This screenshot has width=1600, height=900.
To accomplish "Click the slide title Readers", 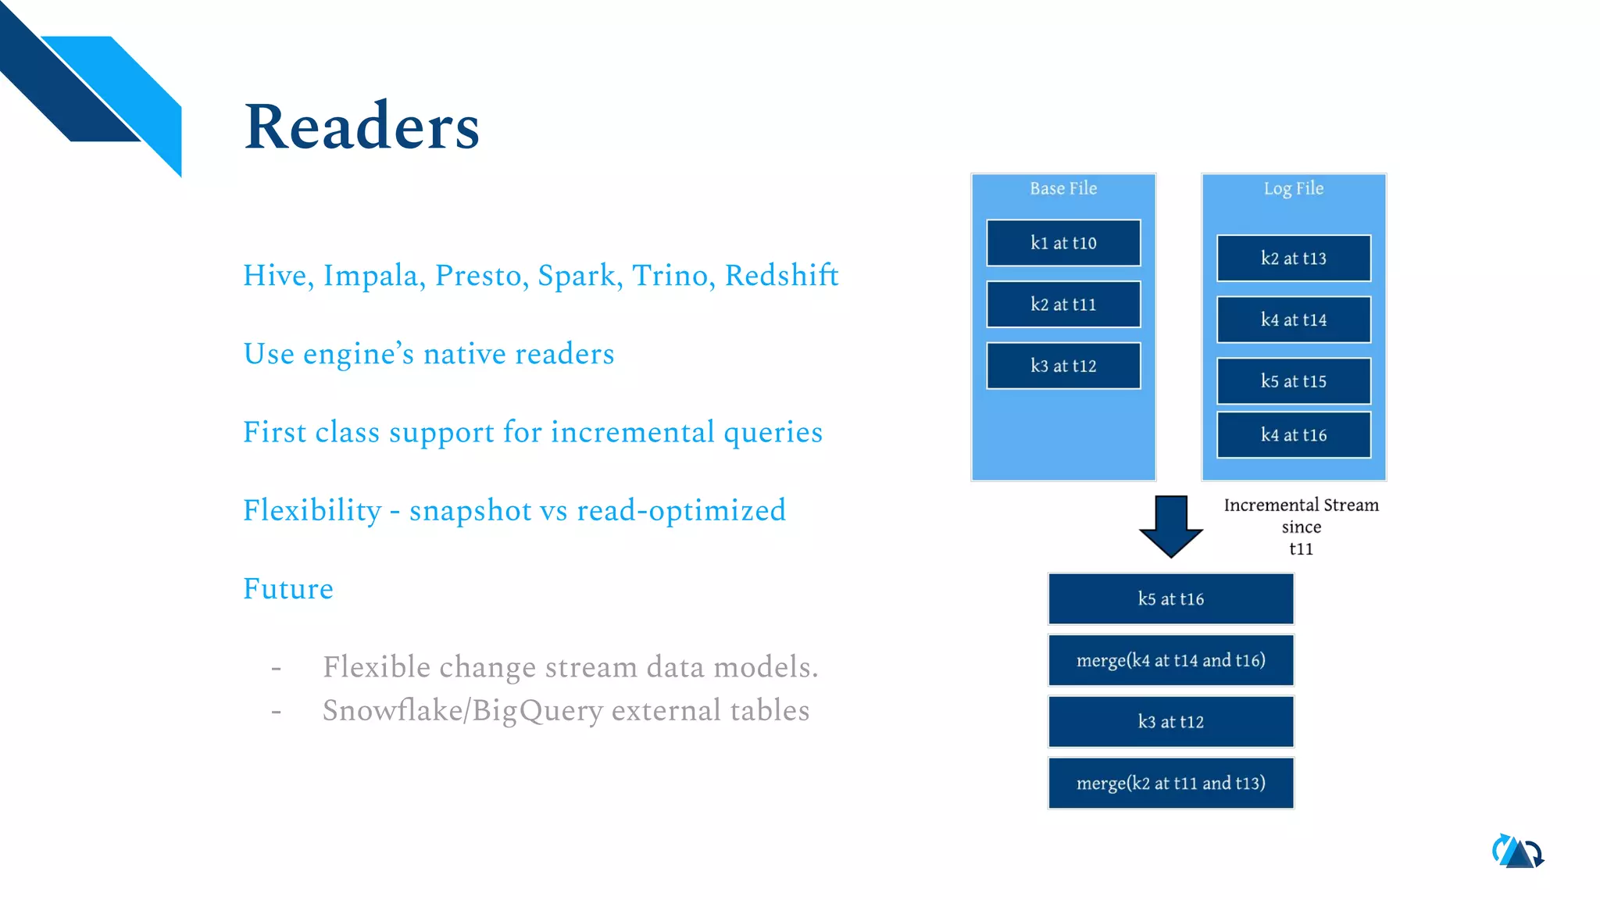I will click(x=362, y=127).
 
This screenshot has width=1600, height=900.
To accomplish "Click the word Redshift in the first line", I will click(x=781, y=275).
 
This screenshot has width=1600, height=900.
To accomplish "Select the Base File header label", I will click(x=1062, y=188).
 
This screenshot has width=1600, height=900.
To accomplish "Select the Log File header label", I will click(x=1293, y=188).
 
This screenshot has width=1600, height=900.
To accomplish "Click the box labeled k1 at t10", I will click(x=1062, y=243).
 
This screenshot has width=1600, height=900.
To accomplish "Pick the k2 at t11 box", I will click(x=1062, y=304).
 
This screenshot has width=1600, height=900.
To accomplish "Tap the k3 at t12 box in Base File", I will click(x=1062, y=366).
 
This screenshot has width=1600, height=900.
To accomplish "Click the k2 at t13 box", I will click(x=1293, y=258).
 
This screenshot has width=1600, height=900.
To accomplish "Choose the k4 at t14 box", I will click(x=1293, y=320).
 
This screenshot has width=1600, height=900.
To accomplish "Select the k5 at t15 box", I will click(x=1293, y=381).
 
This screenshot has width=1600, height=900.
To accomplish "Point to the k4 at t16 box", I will click(x=1293, y=435).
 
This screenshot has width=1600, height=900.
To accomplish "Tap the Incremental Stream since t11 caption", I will click(x=1301, y=526).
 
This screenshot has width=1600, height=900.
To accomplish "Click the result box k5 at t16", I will click(x=1170, y=598).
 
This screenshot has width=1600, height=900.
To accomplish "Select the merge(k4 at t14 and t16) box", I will click(x=1170, y=660).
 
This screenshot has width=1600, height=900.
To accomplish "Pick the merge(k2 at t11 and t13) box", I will click(x=1170, y=783).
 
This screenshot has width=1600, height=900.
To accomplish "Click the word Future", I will click(x=287, y=588).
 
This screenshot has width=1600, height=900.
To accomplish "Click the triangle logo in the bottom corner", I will click(x=1517, y=852).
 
